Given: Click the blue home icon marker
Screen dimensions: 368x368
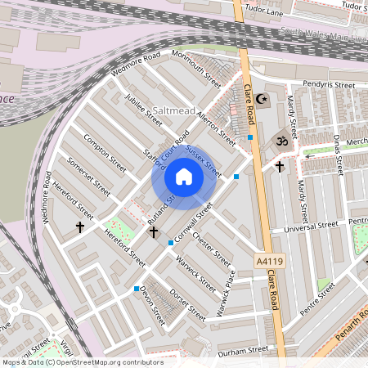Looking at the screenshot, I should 184,177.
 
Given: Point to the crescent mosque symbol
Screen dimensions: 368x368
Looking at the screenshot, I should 262,99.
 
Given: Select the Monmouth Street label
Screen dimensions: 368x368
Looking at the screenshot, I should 196,70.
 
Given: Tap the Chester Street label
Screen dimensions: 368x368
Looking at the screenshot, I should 210,246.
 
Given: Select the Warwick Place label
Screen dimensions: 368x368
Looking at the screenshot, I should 219,293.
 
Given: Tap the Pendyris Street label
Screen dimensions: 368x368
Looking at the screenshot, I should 328,84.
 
